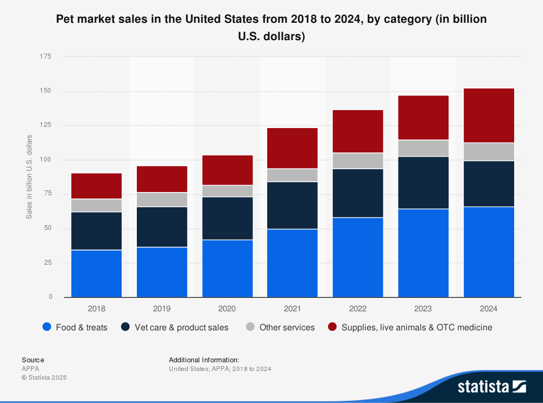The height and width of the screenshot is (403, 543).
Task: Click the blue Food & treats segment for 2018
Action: pos(96,273)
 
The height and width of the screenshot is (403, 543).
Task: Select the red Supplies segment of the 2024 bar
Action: pos(488,116)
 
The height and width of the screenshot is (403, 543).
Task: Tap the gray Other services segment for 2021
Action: pos(292,175)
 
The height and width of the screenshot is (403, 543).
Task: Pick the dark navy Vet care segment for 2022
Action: pos(357,193)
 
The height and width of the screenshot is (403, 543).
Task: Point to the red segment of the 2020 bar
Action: pos(227,170)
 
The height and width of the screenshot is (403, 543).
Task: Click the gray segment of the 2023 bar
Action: pos(423,148)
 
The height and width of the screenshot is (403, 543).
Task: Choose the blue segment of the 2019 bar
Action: pos(162,272)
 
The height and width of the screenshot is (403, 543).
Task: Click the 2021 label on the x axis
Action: pos(292,309)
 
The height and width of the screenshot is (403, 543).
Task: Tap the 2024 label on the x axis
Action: pos(488,309)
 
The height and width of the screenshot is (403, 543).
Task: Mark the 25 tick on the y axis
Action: pos(48,263)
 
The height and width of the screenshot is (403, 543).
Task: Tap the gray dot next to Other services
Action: pos(250,327)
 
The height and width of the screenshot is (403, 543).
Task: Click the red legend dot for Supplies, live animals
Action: pos(332,327)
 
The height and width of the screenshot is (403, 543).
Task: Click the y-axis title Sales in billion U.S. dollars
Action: pos(29,177)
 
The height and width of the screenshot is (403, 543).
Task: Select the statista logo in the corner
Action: pos(491,386)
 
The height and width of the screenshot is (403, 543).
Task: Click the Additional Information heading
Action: pos(204,360)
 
